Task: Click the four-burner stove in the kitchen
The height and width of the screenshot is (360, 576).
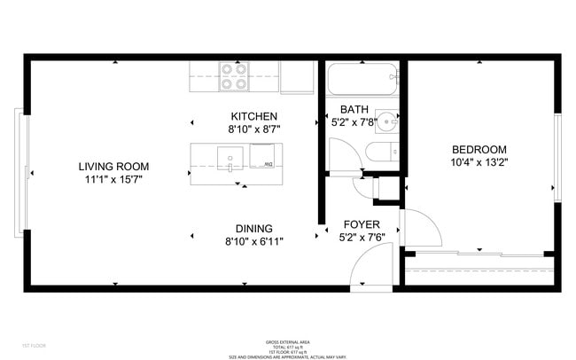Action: pos(234,76)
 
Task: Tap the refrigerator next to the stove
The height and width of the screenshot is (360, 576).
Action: pos(298,76)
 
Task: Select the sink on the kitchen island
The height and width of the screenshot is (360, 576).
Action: pos(230,160)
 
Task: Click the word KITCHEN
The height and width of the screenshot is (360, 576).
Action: pos(254,116)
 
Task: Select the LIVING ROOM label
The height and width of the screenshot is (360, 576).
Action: pos(113,166)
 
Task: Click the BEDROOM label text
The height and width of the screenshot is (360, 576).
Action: pos(479,149)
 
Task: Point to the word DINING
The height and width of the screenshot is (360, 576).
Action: pos(253,228)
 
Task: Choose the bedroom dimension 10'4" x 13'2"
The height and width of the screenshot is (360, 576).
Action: pos(479,161)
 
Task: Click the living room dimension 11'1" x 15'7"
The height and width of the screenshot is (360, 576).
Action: pos(113,178)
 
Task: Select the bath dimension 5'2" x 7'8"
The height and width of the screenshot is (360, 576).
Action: pos(354,122)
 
